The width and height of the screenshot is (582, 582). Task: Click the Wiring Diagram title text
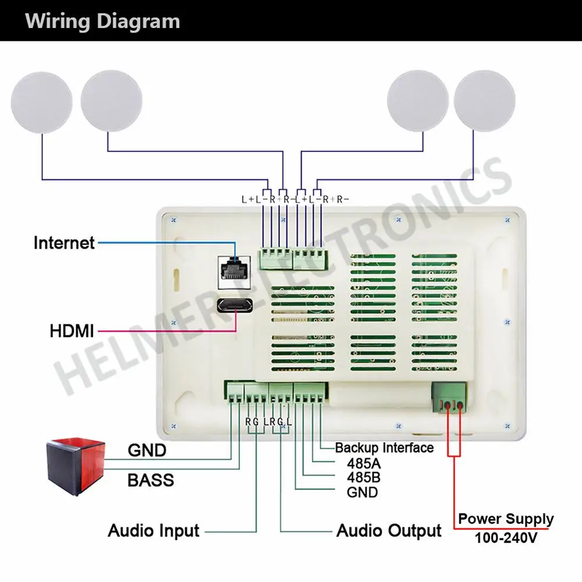click(102, 21)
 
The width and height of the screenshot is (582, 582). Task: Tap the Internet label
click(64, 243)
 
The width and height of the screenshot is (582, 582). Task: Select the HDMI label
click(72, 331)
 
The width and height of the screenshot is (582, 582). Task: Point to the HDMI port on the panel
click(235, 305)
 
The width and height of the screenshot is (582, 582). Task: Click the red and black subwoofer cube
click(76, 466)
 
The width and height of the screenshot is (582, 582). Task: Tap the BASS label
click(151, 480)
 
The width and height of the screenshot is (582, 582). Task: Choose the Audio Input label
click(154, 530)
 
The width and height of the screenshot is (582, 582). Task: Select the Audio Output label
click(389, 530)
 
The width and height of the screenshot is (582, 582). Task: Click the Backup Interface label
click(384, 448)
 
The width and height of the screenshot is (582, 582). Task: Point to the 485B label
click(364, 478)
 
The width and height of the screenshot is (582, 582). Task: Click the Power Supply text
click(506, 519)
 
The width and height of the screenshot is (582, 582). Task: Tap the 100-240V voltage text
click(506, 537)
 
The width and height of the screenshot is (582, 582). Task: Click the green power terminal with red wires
click(449, 397)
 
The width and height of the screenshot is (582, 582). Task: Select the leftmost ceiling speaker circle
click(41, 102)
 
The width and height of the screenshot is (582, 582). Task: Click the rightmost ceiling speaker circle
click(484, 101)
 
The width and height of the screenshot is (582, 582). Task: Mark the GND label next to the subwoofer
click(147, 450)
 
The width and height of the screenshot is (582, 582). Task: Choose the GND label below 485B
click(362, 492)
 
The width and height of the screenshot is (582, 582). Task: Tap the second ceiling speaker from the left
click(111, 101)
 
